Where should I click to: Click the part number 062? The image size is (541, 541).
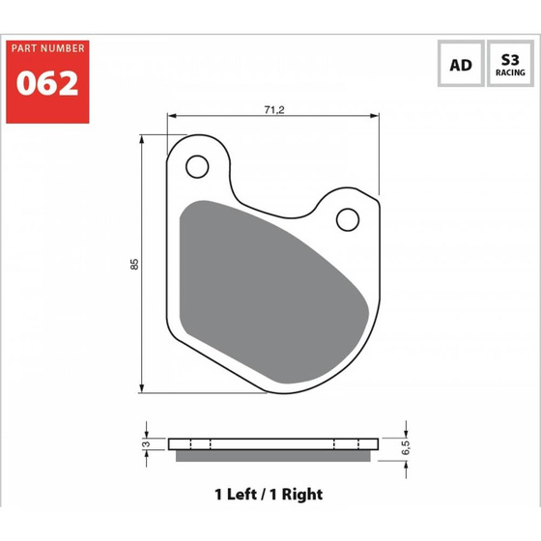pyautogui.click(x=46, y=83)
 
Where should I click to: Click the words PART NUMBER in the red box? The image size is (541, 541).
pyautogui.click(x=46, y=48)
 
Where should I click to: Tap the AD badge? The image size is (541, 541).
pyautogui.click(x=461, y=66)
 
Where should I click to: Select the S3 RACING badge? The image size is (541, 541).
pyautogui.click(x=509, y=66)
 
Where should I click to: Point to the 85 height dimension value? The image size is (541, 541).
pyautogui.click(x=136, y=263)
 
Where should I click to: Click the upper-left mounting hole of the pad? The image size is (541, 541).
pyautogui.click(x=198, y=167)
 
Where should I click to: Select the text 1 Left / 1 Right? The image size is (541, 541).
pyautogui.click(x=268, y=494)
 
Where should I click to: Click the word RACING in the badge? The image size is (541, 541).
pyautogui.click(x=509, y=72)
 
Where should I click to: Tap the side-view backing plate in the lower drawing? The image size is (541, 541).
pyautogui.click(x=272, y=443)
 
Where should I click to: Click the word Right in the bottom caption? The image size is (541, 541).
pyautogui.click(x=302, y=494)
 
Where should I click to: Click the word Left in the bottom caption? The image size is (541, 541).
pyautogui.click(x=242, y=494)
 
